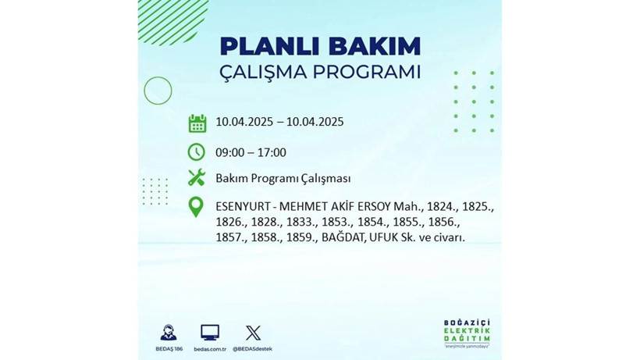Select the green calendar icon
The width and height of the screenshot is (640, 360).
pos(197,123)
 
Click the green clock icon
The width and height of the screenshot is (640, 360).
pos(197,151)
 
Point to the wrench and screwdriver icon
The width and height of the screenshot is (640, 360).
pos(197,178)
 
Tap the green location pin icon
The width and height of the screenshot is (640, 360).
pos(197,207)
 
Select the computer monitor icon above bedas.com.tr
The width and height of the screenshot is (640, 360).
pos(210,332)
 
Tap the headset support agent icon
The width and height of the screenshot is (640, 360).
pos(168,332)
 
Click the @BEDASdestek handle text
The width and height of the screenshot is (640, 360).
pos(253,348)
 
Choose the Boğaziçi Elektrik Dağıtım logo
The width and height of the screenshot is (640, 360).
pos(466,333)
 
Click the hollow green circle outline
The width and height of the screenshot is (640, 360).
pos(158,91)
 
